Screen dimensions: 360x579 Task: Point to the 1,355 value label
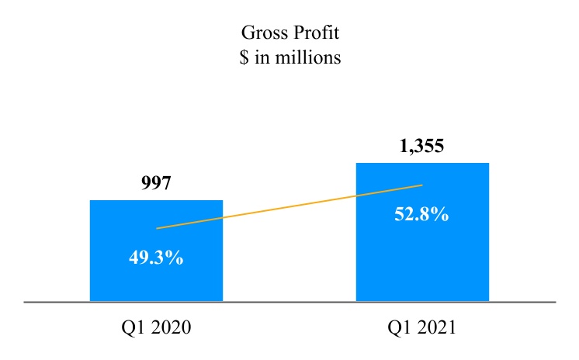coord(421,146)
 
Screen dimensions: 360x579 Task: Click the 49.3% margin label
coord(156,258)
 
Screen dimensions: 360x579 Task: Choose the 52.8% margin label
coord(421,214)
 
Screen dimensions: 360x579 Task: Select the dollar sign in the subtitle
coord(244,58)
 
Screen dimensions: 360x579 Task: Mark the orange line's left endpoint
coord(158,228)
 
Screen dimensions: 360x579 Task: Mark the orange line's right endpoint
coord(421,185)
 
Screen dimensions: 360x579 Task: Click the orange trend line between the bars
coord(289,207)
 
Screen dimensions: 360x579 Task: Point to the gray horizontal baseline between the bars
coord(289,301)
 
